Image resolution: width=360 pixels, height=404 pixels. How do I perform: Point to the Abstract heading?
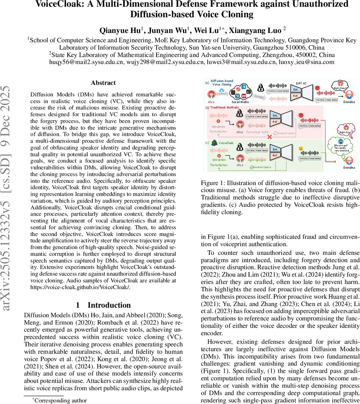[x=103, y=83]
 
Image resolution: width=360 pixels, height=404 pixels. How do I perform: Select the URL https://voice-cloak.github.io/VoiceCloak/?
[x=80, y=287]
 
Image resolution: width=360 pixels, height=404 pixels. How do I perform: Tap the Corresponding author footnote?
[x=61, y=400]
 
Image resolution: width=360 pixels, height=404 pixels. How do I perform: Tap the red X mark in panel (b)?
[x=269, y=137]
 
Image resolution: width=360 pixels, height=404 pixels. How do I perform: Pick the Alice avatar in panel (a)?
[x=211, y=94]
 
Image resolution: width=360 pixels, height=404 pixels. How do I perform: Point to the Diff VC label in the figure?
[x=301, y=83]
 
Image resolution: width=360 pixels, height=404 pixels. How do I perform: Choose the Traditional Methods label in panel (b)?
[x=224, y=108]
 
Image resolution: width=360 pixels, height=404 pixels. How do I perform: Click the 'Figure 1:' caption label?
[x=212, y=183]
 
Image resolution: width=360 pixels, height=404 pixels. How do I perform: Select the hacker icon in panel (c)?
[x=240, y=148]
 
